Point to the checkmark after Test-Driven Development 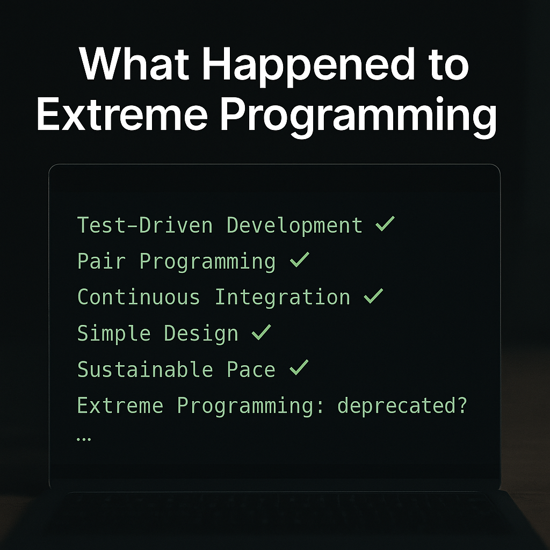point(385,224)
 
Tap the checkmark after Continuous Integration point(373,296)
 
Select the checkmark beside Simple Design point(261,332)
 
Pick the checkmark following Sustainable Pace point(299,368)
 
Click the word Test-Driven point(145,225)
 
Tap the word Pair point(102,261)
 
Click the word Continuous point(139,297)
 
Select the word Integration point(282,297)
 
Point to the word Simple point(114,334)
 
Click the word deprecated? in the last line point(402,406)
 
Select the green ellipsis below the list point(84,438)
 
